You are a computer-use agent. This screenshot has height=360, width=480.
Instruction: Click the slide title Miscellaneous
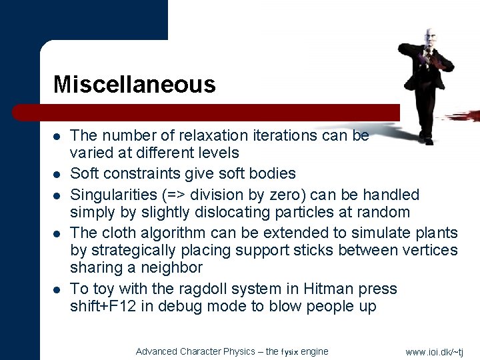[134, 85]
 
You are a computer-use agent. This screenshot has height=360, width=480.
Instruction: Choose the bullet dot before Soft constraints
[58, 175]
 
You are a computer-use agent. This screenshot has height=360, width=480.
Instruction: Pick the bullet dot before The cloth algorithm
[58, 233]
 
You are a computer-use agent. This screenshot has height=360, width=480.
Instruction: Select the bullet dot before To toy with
[58, 289]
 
